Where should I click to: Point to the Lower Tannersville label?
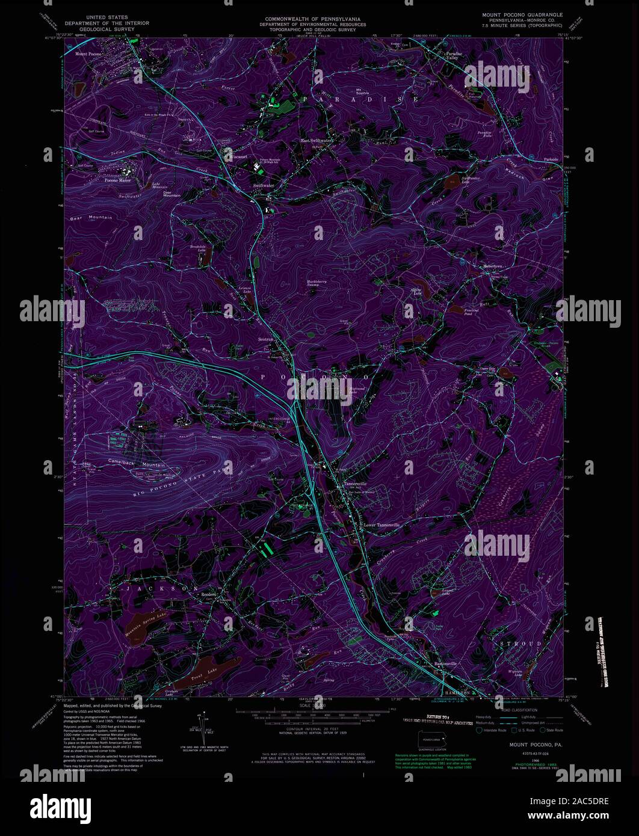(381, 525)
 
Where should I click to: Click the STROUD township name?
(521, 644)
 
